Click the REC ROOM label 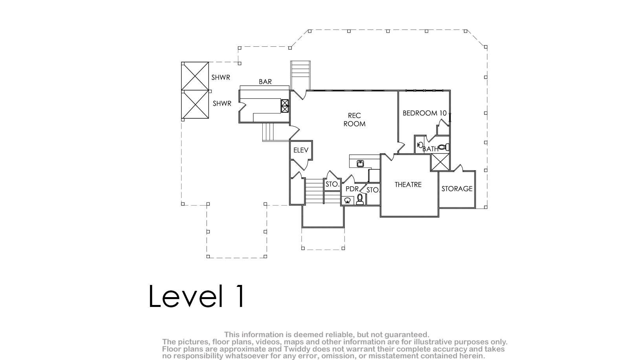pyautogui.click(x=354, y=120)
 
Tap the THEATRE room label pyautogui.click(x=408, y=185)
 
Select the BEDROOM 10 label pyautogui.click(x=425, y=113)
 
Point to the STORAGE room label pyautogui.click(x=457, y=189)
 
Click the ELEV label pyautogui.click(x=301, y=150)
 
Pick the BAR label pyautogui.click(x=265, y=82)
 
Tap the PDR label pyautogui.click(x=352, y=189)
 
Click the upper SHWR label pyautogui.click(x=221, y=77)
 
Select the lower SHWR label pyautogui.click(x=222, y=103)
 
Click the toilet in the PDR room pyautogui.click(x=360, y=199)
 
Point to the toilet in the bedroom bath pyautogui.click(x=443, y=147)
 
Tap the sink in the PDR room pyautogui.click(x=348, y=200)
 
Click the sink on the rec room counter pyautogui.click(x=360, y=163)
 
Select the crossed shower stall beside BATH pyautogui.click(x=440, y=162)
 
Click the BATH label pyautogui.click(x=430, y=149)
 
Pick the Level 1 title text pyautogui.click(x=197, y=296)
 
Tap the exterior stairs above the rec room pyautogui.click(x=300, y=75)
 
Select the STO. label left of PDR pyautogui.click(x=332, y=184)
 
